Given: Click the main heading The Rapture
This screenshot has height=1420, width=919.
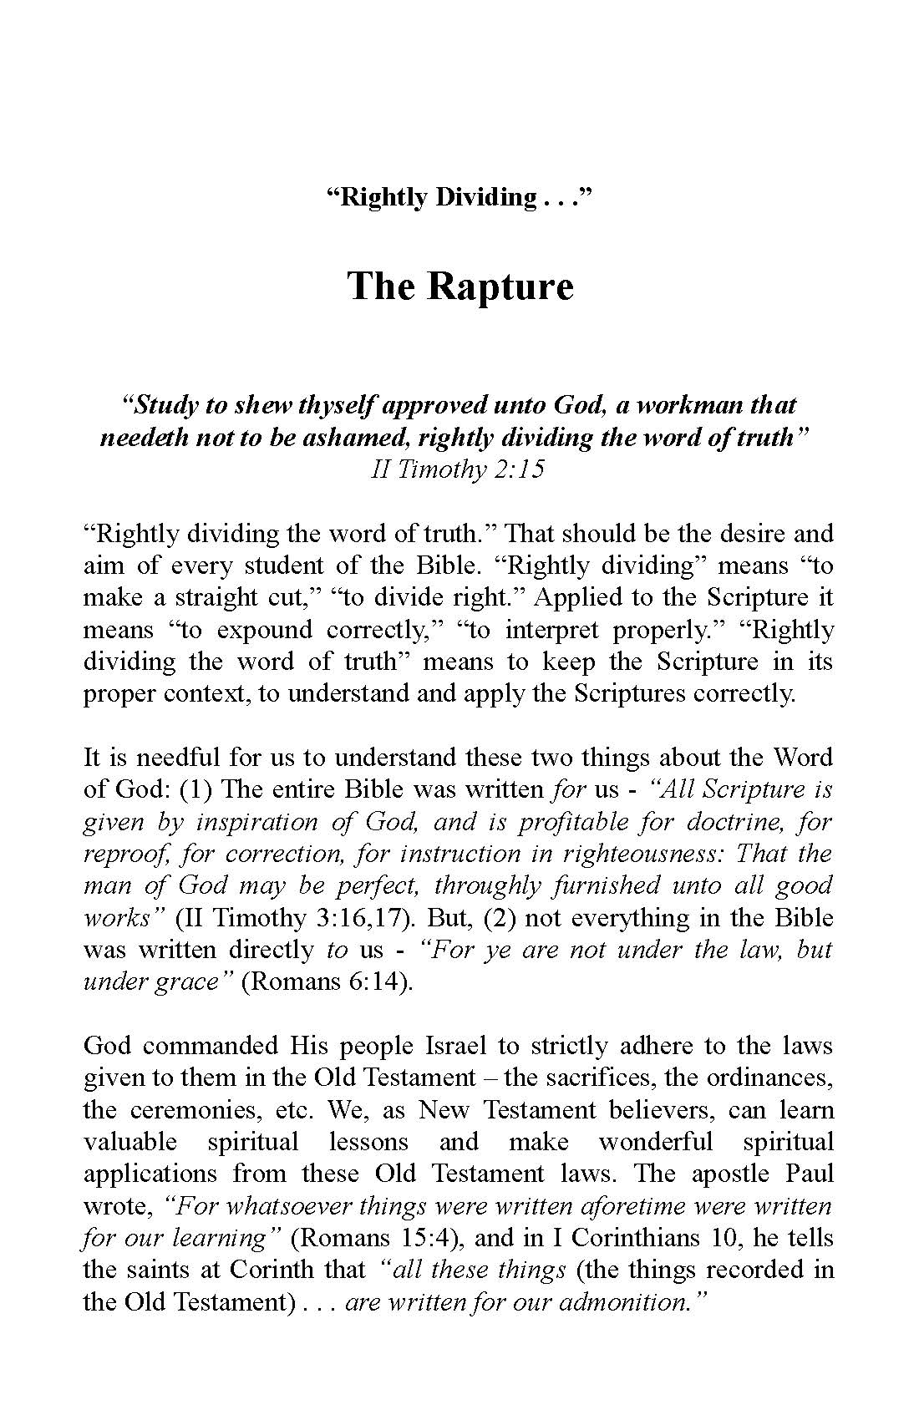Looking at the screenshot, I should pyautogui.click(x=459, y=286).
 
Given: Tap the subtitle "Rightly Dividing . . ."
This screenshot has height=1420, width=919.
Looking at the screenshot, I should pyautogui.click(x=459, y=198).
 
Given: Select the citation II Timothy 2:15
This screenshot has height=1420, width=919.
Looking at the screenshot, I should pyautogui.click(x=458, y=469).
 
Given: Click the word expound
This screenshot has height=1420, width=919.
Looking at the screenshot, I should pyautogui.click(x=266, y=630).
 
